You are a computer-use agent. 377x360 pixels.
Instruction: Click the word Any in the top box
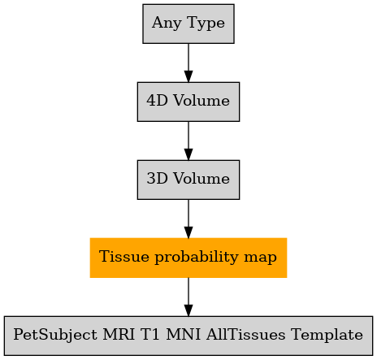point(167,23)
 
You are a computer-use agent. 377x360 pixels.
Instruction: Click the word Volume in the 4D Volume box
point(201,100)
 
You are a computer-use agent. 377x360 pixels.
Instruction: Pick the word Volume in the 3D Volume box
point(201,178)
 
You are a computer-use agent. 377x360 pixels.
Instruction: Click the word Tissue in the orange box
point(124,256)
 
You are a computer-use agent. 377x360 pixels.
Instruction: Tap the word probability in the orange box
point(197,257)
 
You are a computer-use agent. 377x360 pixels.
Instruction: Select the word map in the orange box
point(260,258)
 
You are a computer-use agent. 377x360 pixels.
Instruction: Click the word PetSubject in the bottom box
point(55,335)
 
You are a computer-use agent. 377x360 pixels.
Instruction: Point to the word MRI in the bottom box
point(119,334)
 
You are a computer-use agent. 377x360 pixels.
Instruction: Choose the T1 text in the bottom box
point(150,334)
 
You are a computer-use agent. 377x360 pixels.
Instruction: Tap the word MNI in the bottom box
point(184,334)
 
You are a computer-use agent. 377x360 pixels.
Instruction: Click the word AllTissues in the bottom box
point(245,334)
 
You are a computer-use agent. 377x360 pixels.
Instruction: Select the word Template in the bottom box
point(327,335)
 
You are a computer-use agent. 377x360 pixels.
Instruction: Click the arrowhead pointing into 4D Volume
point(188,76)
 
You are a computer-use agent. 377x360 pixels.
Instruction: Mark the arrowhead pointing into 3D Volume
point(188,154)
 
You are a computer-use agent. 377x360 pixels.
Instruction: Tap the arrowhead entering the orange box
point(188,232)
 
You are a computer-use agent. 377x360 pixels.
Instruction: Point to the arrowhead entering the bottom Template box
point(188,310)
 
